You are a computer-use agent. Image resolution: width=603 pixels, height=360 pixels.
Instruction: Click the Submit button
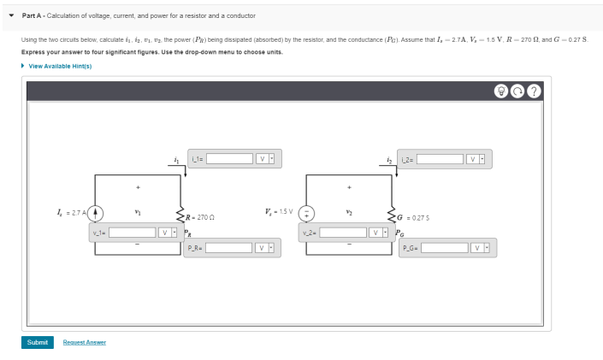coord(38,342)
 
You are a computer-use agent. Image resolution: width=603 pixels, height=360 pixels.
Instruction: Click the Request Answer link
coord(85,342)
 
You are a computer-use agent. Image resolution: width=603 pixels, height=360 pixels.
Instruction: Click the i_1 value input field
coord(228,158)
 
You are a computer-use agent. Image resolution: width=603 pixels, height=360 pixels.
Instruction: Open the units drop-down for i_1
coord(265,158)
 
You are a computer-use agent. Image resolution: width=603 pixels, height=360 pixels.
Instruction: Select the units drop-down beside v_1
coord(168,232)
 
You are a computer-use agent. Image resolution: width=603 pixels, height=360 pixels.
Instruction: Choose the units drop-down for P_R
coord(265,248)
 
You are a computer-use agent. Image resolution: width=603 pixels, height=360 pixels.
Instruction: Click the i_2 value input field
coord(440,158)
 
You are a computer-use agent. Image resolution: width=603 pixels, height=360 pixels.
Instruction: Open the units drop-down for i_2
coord(476,158)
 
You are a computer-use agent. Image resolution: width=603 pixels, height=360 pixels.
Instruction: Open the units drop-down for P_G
coord(481,248)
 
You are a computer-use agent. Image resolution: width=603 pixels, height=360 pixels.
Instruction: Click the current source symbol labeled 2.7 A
coord(97,212)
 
